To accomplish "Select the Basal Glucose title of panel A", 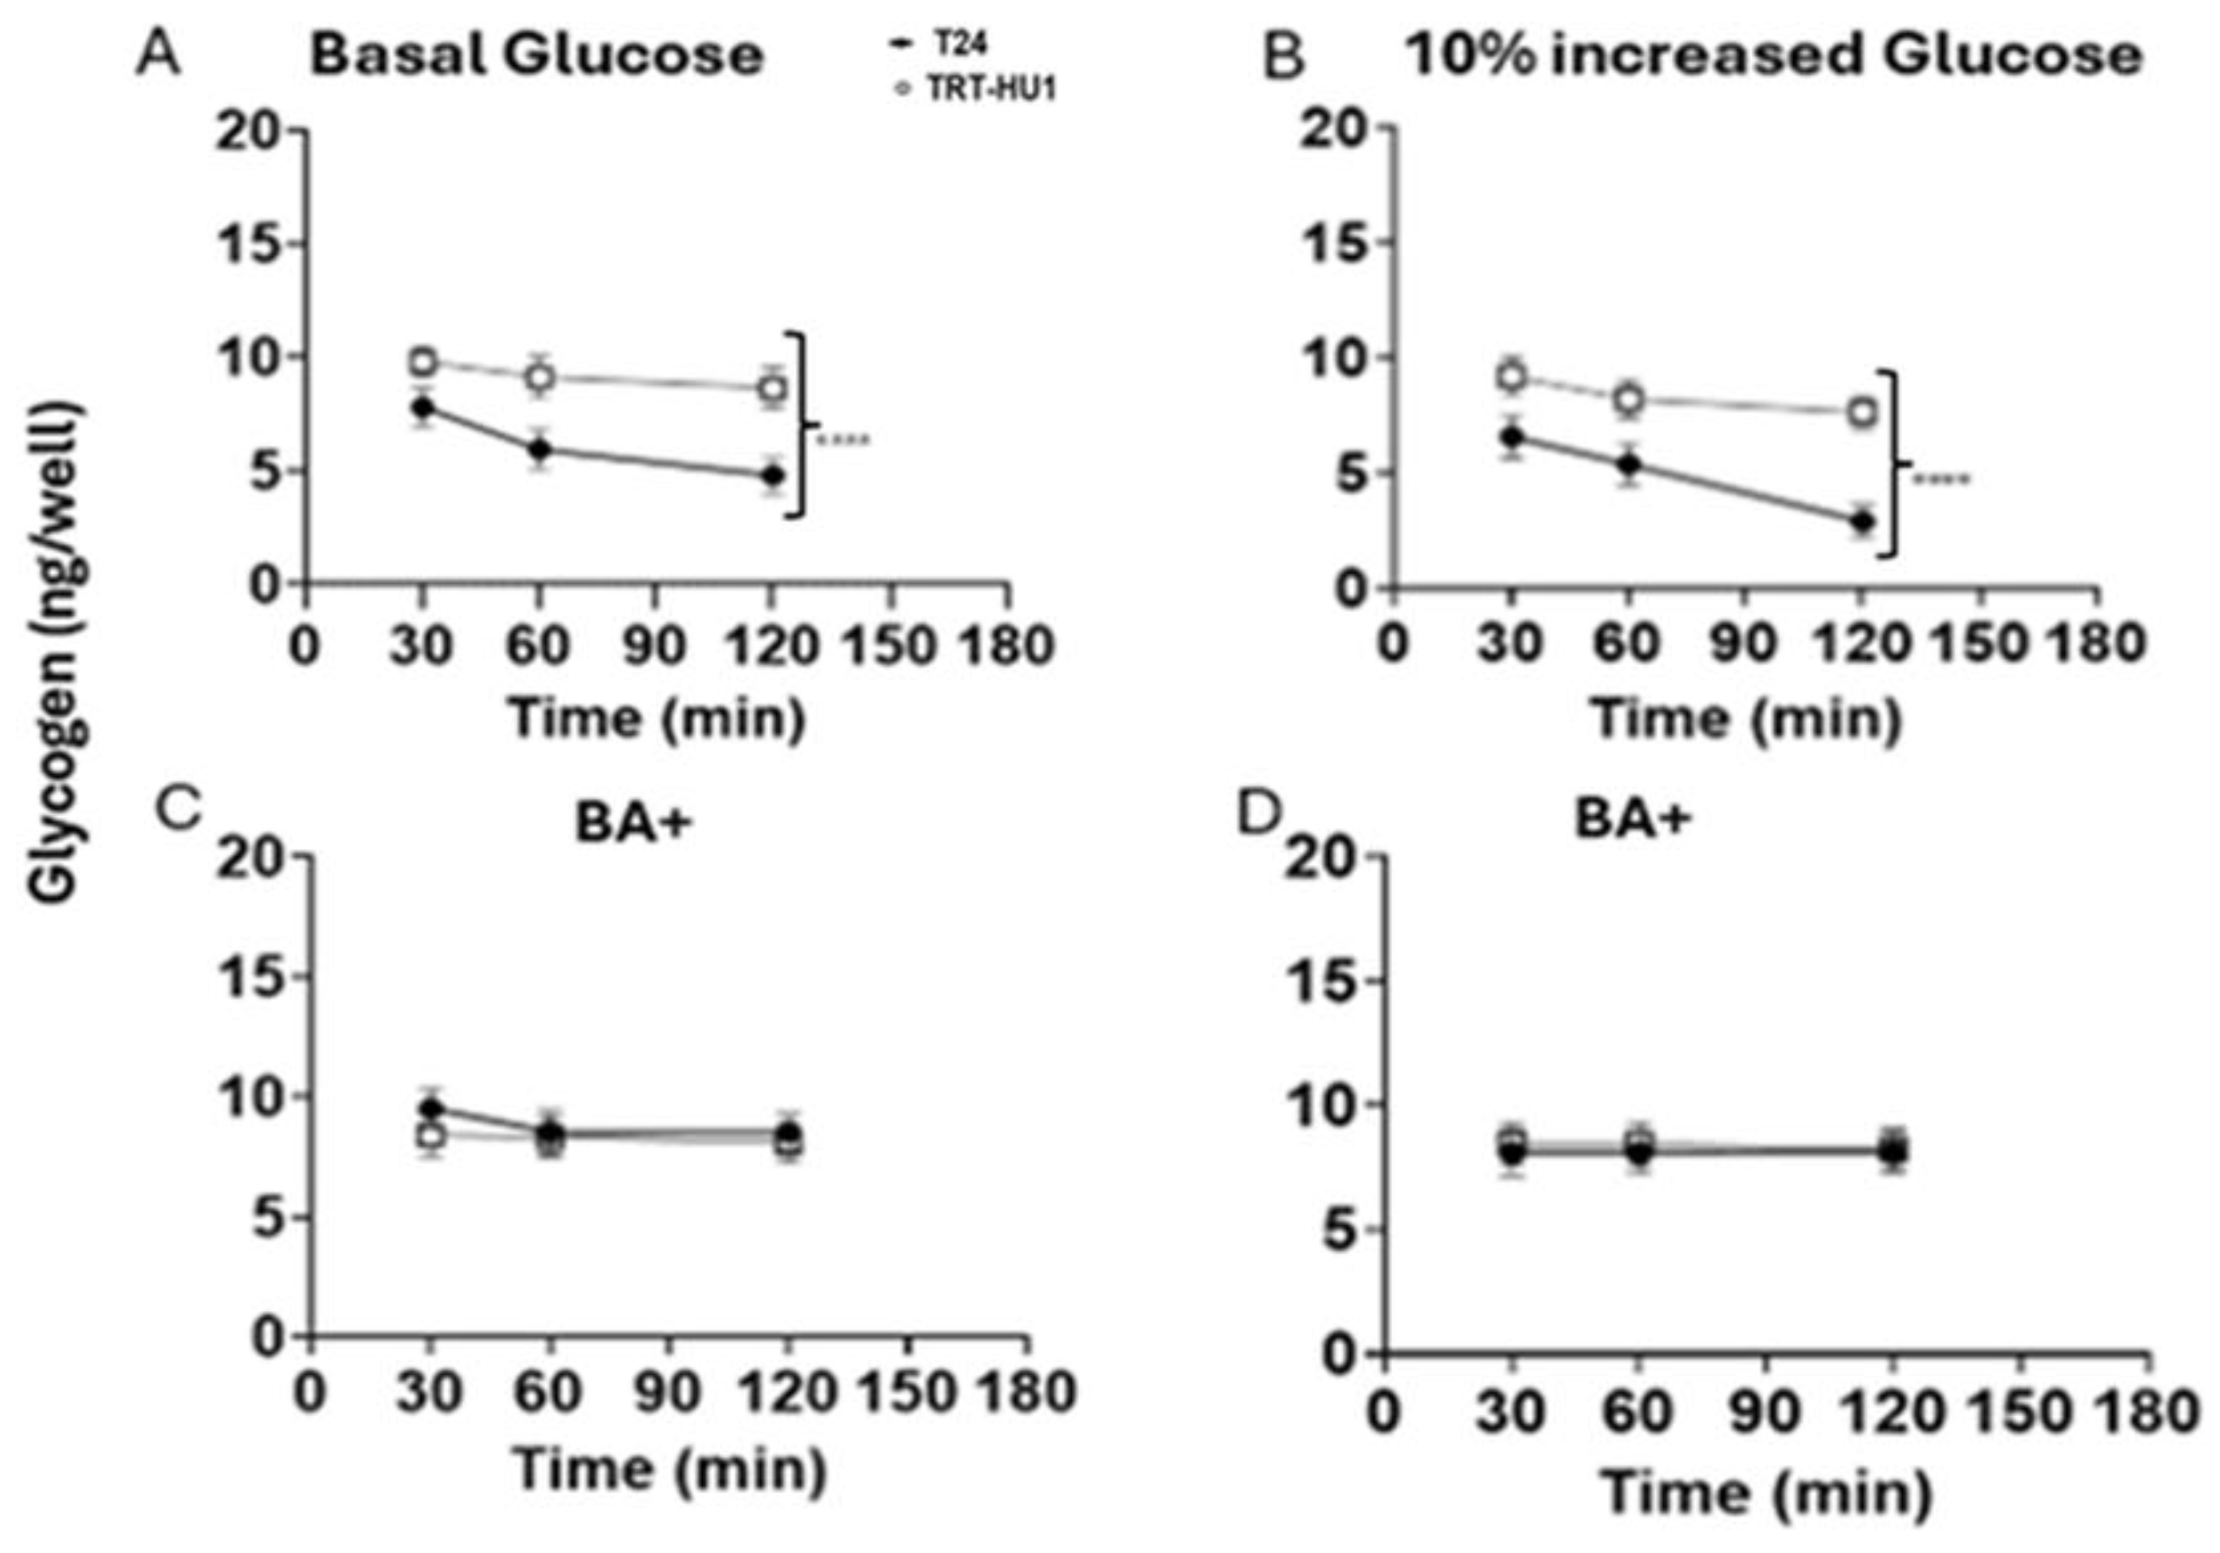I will (x=537, y=55).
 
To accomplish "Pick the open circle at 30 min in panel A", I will (x=422, y=362).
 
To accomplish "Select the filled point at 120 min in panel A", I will (x=771, y=475).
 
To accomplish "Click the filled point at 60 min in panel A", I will (x=541, y=449).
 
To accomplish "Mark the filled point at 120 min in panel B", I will (x=1861, y=522).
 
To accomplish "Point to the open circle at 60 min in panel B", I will (x=1630, y=399).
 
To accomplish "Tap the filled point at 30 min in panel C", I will (x=432, y=1108).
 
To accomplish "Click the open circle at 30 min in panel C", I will (x=432, y=1135).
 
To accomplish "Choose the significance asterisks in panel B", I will (x=1940, y=478).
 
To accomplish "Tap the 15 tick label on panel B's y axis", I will (x=1332, y=243).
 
